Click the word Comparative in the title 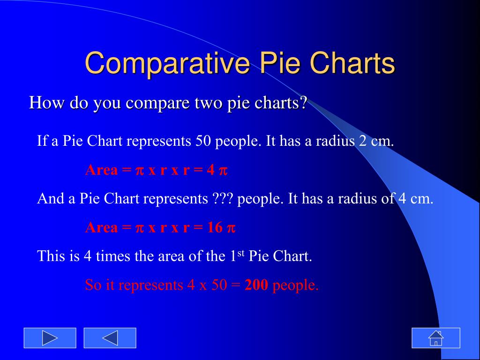pyautogui.click(x=167, y=64)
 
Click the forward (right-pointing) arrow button pyautogui.click(x=50, y=338)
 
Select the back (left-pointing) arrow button pyautogui.click(x=110, y=338)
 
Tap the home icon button pyautogui.click(x=436, y=338)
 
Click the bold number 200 pyautogui.click(x=256, y=285)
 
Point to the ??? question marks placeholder pyautogui.click(x=223, y=198)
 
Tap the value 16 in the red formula pyautogui.click(x=215, y=227)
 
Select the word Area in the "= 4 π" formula pyautogui.click(x=102, y=170)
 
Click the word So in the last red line pyautogui.click(x=93, y=285)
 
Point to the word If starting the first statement pyautogui.click(x=42, y=141)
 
